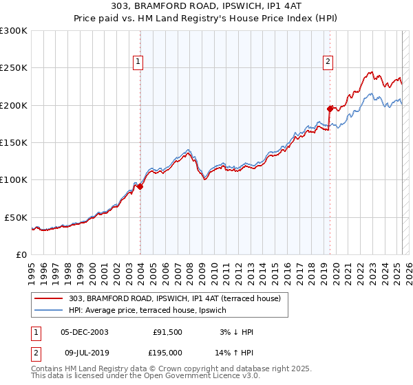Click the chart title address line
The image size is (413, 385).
tap(206, 6)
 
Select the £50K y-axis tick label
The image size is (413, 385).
tap(16, 217)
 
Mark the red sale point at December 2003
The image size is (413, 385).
tap(140, 186)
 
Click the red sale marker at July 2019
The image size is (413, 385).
tap(330, 108)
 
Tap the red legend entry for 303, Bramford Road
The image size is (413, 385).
tap(174, 298)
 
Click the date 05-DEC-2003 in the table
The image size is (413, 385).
tap(85, 332)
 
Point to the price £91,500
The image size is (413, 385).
tap(168, 332)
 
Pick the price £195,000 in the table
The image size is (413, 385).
tap(167, 352)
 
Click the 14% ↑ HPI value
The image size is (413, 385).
tap(235, 352)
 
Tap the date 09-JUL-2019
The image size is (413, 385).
tap(85, 352)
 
